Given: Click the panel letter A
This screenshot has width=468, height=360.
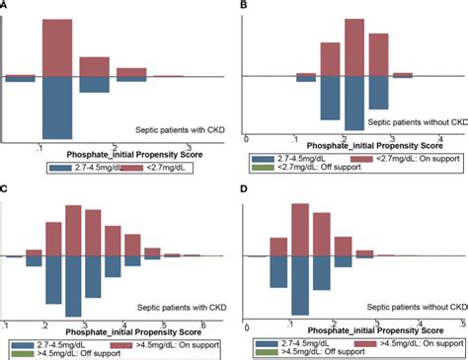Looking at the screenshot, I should pyautogui.click(x=5, y=5).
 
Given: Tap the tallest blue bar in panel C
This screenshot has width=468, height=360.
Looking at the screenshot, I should pyautogui.click(x=72, y=286).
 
